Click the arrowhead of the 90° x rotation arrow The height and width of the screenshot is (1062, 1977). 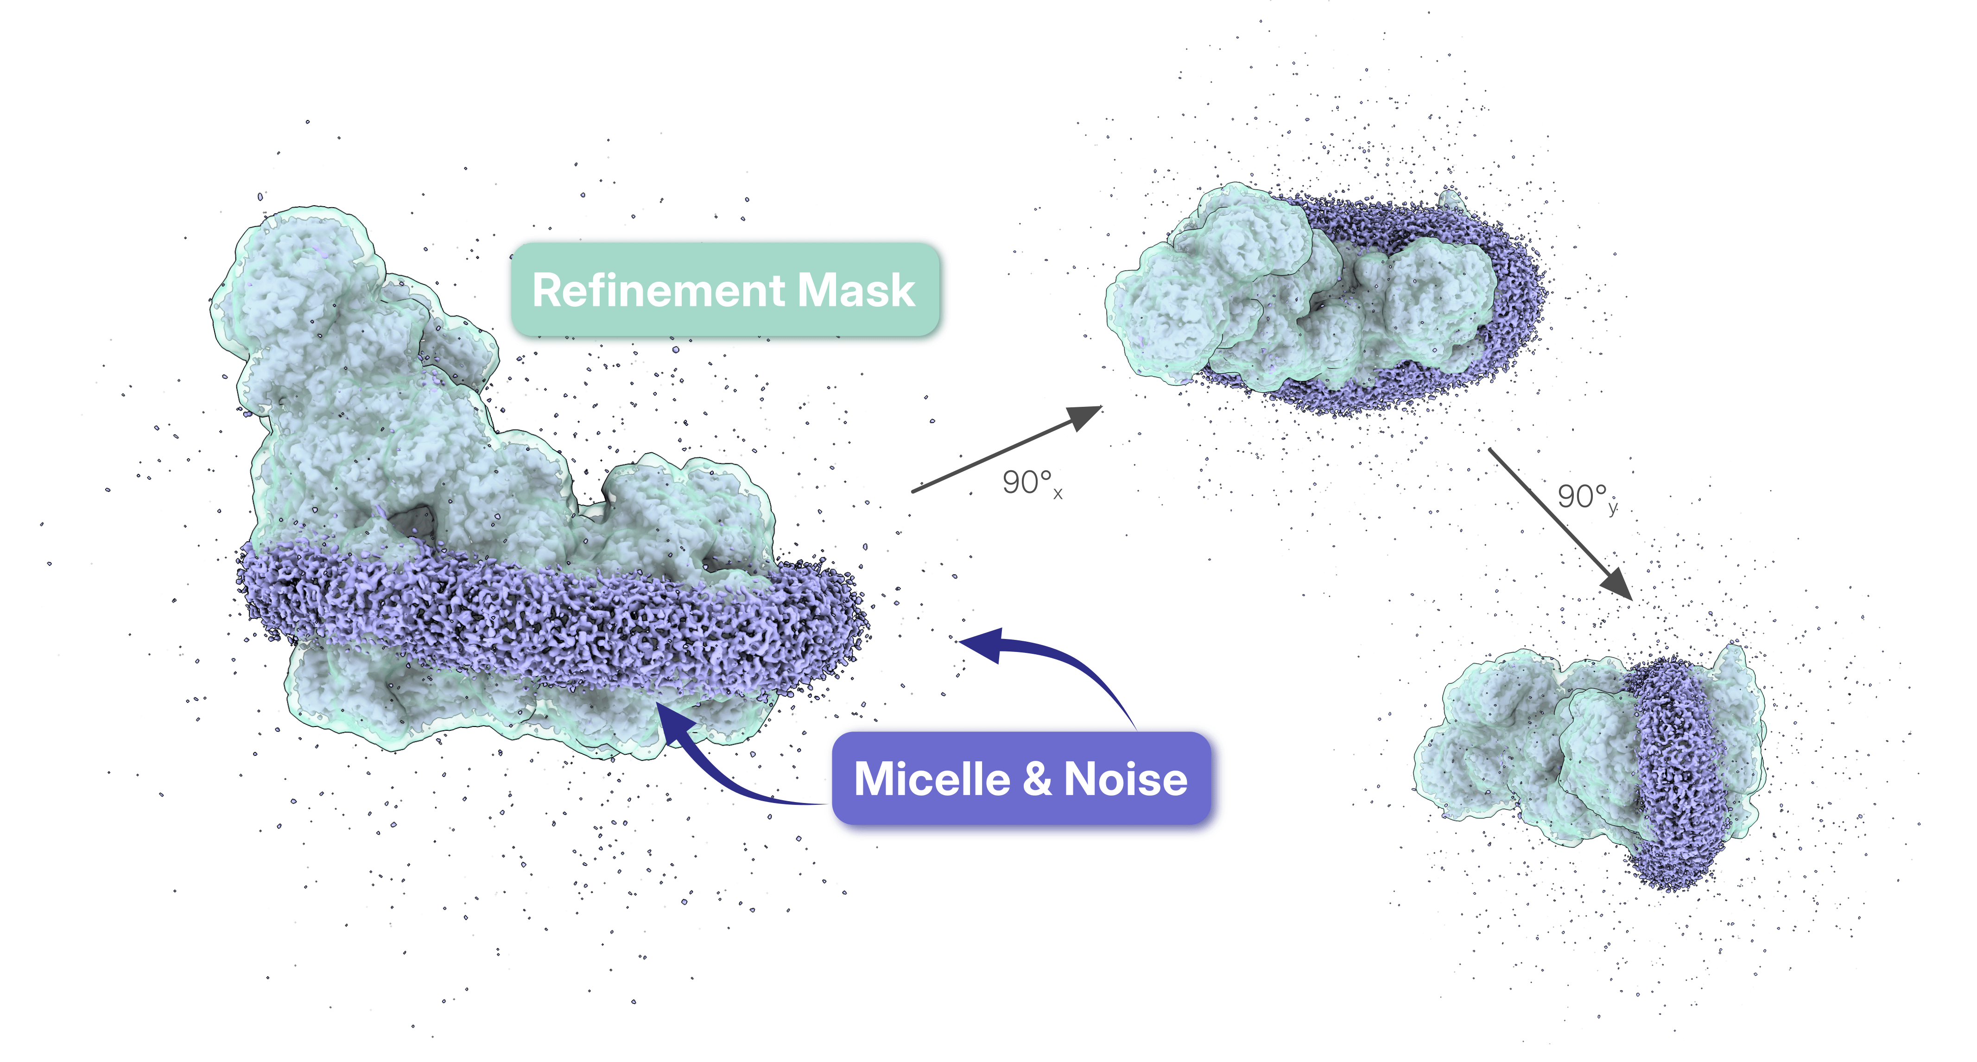(x=1084, y=418)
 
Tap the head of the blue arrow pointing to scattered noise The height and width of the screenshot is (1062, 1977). (x=982, y=645)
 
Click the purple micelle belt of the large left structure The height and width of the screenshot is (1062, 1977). (x=552, y=621)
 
